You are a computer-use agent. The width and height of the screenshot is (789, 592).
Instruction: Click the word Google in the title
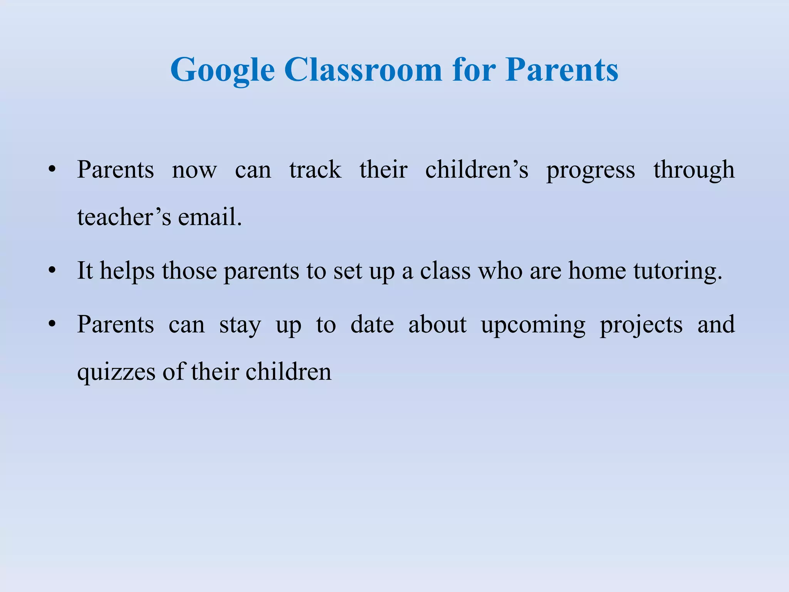(222, 70)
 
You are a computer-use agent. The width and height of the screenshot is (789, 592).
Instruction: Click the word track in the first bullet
(315, 170)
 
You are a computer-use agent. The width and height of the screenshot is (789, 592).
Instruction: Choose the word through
(694, 170)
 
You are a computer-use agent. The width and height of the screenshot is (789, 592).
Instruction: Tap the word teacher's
(124, 217)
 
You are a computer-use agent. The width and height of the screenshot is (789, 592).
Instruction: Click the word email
(210, 217)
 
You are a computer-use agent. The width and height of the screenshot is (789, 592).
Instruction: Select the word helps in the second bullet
(127, 271)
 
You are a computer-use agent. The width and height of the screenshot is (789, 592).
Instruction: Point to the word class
(445, 271)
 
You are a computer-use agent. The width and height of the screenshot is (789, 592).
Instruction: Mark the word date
(372, 325)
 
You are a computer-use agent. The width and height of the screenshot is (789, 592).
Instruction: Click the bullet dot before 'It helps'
(52, 271)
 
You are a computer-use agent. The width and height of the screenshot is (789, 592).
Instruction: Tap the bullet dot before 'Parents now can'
(52, 170)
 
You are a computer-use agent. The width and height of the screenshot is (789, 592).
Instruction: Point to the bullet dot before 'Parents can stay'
(52, 325)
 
